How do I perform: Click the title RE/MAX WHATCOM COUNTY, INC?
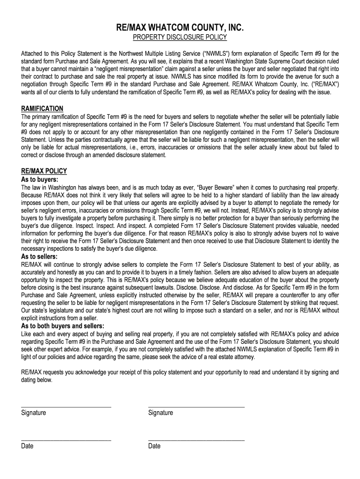(180, 29)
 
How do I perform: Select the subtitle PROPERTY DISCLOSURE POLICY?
(180, 37)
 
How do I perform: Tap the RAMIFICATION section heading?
(42, 109)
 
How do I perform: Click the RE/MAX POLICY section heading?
(44, 171)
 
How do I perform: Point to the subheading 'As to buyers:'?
(40, 179)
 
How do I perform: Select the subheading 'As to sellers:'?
(40, 257)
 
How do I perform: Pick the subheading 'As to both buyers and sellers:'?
(63, 326)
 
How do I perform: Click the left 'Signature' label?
(33, 413)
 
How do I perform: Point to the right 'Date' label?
(154, 446)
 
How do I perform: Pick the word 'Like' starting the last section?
(27, 334)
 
